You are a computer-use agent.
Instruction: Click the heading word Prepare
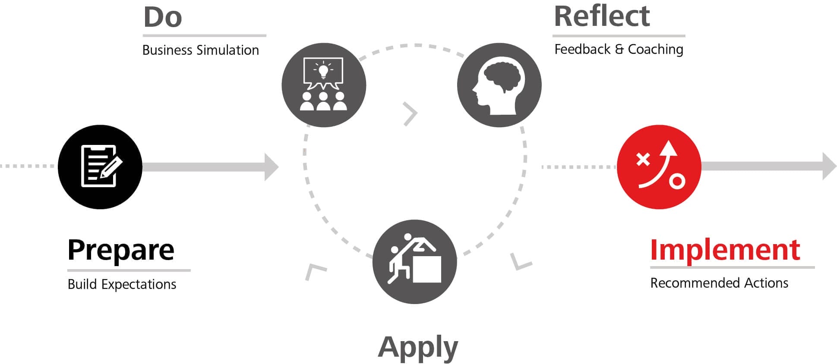coord(121,250)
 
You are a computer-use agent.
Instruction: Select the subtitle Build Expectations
coord(122,284)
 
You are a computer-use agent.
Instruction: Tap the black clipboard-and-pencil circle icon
coord(100,167)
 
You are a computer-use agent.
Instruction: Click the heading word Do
coord(163,18)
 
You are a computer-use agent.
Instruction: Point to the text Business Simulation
coord(201,50)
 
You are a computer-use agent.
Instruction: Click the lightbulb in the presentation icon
coord(323,70)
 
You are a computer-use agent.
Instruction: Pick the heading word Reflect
coord(602,16)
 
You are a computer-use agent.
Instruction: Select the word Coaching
coord(655,50)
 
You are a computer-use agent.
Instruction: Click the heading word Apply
coord(418,347)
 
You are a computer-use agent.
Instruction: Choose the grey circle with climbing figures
coord(414,262)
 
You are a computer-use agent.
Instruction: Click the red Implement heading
coord(725,250)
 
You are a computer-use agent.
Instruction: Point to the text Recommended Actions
coord(719,283)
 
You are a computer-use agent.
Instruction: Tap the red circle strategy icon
coord(659,167)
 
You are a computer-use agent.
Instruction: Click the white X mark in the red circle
coord(643,160)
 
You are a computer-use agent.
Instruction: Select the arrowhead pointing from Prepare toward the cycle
coord(271,167)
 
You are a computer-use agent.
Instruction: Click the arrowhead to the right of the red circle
coord(829,166)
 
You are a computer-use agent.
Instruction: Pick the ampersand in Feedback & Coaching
coord(619,50)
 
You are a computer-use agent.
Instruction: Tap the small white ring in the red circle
coord(677,181)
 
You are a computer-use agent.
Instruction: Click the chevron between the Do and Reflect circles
coord(411,114)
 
